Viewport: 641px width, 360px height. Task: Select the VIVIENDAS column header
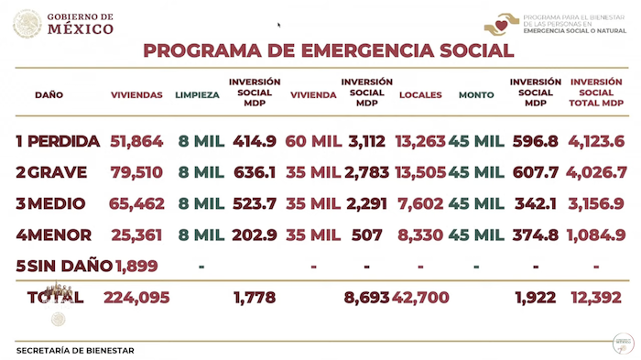136,94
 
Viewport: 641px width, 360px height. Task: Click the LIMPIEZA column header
197,94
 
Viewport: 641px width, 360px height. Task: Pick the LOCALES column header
420,94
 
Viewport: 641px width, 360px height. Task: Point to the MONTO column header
476,94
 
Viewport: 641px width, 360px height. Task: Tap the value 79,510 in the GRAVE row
136,171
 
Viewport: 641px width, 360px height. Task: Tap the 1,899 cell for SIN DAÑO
136,266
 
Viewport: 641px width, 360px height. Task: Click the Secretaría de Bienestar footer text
75,350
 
